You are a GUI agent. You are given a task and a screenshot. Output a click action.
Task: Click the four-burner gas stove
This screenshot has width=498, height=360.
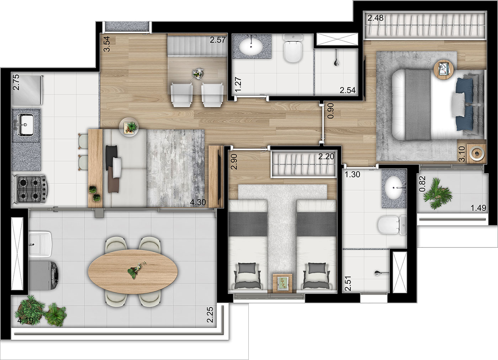point(31,189)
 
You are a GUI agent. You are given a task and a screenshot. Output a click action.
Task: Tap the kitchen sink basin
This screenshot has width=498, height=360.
point(26,125)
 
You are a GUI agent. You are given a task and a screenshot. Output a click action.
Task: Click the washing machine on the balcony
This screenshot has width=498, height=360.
point(44,275)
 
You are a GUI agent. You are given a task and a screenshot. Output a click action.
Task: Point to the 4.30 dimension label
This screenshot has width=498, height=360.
point(198,202)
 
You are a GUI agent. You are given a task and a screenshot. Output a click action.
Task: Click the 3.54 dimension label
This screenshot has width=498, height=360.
point(107,44)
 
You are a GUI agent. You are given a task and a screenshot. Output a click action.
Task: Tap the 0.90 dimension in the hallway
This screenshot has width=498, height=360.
point(331,111)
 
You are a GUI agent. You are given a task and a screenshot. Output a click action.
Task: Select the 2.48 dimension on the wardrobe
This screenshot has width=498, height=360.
point(376,18)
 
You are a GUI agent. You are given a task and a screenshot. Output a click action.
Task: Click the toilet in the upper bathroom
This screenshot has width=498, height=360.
point(293,48)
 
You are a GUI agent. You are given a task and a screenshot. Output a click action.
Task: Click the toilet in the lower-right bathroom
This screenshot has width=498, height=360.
point(392,225)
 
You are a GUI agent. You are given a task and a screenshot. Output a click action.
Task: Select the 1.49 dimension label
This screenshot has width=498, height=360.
point(478,208)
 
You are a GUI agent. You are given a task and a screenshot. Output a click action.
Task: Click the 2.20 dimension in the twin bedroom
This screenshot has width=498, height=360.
point(326,157)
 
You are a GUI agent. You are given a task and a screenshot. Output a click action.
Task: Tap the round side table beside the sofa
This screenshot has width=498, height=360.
point(129,127)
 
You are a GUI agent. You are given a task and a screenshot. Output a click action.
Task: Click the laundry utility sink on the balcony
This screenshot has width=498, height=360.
point(40,244)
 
